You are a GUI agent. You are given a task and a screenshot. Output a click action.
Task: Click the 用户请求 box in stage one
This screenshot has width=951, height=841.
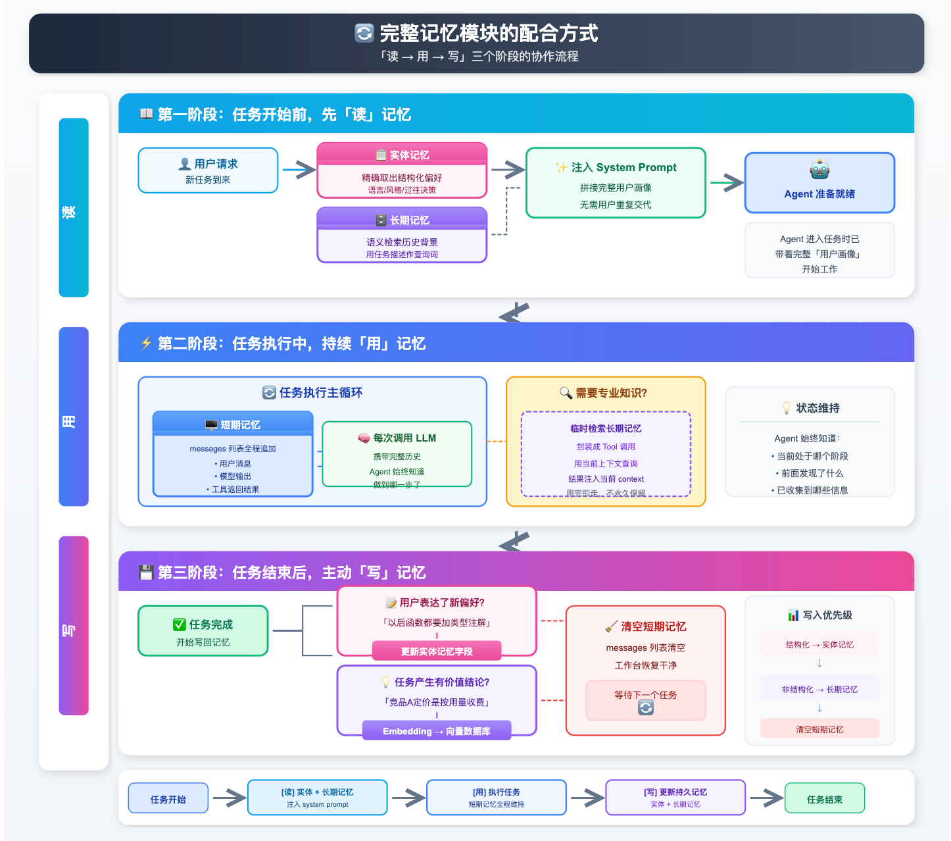point(208,170)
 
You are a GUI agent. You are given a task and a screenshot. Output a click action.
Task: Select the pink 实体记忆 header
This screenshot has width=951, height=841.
point(402,155)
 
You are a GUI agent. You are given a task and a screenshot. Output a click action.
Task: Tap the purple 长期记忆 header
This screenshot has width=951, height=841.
point(402,220)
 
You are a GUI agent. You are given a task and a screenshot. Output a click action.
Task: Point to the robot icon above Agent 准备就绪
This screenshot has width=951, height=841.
point(819,170)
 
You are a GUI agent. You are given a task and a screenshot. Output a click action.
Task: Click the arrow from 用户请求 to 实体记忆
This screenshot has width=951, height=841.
point(299,170)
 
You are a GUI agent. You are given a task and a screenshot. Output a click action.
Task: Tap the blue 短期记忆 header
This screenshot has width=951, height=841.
point(233,424)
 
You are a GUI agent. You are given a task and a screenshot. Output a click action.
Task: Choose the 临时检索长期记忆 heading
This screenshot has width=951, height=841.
point(606,428)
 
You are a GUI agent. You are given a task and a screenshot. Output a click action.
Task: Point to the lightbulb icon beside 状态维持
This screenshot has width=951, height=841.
point(786,408)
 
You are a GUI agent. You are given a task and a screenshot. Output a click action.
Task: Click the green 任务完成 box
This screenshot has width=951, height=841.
point(203,631)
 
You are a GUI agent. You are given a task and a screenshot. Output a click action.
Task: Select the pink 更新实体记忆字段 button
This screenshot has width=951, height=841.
point(437,651)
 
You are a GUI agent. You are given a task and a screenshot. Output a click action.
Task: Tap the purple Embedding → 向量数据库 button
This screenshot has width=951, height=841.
point(437,731)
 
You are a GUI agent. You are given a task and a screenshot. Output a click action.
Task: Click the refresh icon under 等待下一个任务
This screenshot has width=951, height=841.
point(646,708)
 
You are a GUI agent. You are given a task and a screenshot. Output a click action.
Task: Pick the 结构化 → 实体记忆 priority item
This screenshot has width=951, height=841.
point(819,645)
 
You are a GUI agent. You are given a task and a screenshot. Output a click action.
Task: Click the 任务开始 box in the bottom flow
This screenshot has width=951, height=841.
point(168,799)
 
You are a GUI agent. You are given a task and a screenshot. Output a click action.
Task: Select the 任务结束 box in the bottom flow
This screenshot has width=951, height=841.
point(825,799)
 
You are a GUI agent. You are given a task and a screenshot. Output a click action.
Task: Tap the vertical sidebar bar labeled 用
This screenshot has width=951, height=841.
point(74,417)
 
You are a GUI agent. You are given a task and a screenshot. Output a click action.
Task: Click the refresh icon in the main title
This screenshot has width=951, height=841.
point(364,33)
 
